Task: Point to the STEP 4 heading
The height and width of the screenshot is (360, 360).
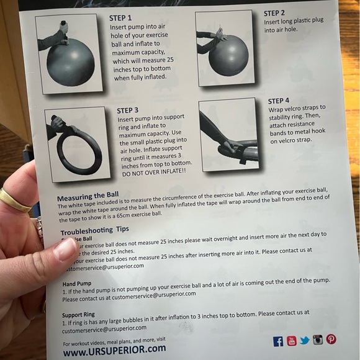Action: (279, 101)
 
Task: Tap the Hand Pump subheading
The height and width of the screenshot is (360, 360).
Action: (76, 284)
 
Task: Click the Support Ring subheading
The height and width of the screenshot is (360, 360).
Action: (78, 315)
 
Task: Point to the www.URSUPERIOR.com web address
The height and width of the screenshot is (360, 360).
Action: (114, 349)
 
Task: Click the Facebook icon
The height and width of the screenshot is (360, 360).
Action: (278, 341)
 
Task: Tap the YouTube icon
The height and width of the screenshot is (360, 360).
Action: (291, 341)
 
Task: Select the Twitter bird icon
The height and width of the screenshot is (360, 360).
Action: (304, 340)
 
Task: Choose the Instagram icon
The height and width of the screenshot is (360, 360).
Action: (318, 340)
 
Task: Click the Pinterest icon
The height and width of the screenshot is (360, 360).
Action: (331, 339)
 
